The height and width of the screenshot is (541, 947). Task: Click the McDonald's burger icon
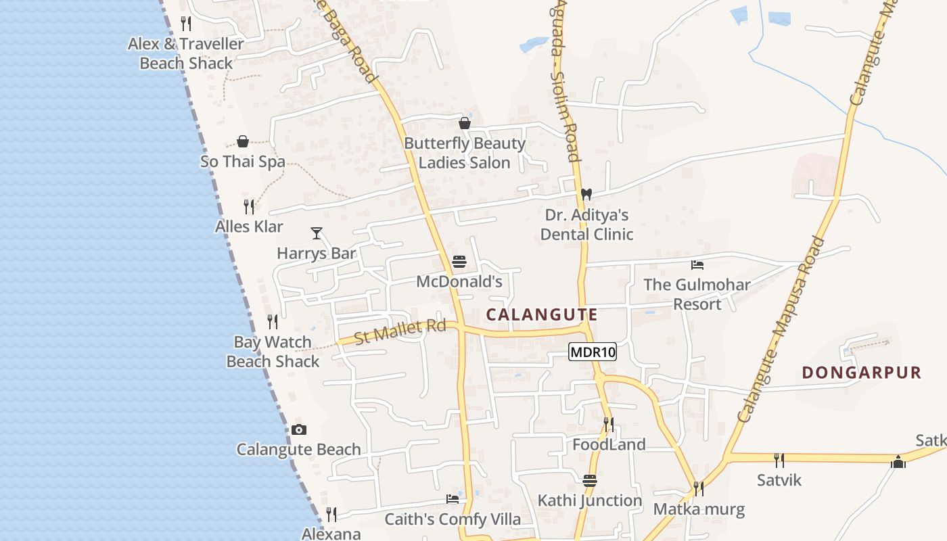(459, 262)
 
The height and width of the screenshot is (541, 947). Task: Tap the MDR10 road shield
(593, 352)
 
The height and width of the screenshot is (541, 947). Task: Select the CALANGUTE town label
(542, 314)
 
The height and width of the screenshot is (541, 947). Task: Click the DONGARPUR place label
(861, 373)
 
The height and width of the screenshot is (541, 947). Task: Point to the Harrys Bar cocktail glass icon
(316, 233)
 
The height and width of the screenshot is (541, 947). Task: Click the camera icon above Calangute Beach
(299, 429)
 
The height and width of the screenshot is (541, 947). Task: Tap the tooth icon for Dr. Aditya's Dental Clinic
(586, 194)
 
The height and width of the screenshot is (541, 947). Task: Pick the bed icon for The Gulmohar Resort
(697, 264)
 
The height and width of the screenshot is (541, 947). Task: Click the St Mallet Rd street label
(400, 331)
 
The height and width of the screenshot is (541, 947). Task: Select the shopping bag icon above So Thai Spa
(243, 141)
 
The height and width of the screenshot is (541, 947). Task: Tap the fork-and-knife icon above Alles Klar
(249, 206)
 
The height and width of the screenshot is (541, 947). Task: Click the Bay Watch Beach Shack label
(273, 352)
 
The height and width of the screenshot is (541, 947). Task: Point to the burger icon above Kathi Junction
(590, 481)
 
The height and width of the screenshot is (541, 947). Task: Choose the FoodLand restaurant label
(609, 445)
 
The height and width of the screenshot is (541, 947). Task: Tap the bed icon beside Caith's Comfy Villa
(453, 499)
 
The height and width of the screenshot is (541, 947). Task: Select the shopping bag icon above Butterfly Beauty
(465, 123)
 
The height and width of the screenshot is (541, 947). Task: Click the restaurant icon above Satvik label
(779, 461)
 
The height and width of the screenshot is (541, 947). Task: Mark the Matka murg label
(699, 509)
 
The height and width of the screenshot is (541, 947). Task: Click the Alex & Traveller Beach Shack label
(186, 53)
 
